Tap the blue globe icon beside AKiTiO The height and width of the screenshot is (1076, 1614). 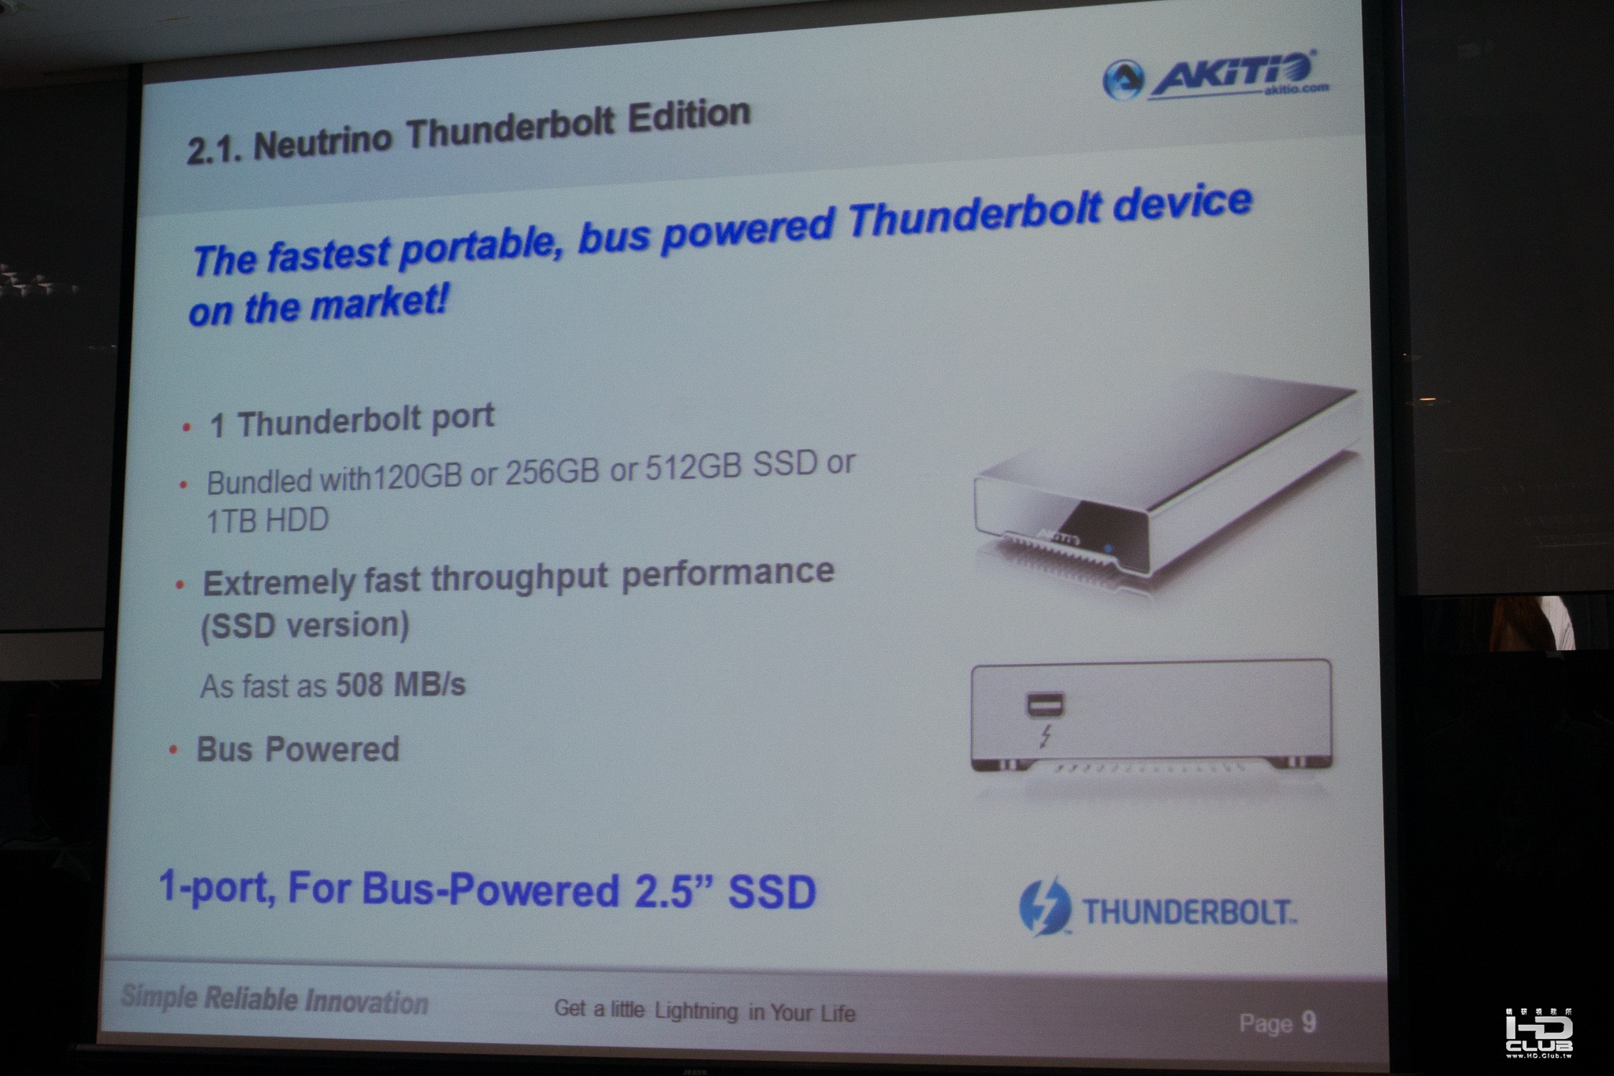tap(1123, 80)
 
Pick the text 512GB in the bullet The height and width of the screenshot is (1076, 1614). tap(694, 467)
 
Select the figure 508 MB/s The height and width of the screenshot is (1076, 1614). tap(400, 685)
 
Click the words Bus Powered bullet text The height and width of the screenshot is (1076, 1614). tap(297, 749)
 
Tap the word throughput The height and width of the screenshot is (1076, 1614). tap(519, 580)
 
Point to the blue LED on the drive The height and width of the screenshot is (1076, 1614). tap(1109, 548)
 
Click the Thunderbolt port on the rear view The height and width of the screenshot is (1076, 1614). tap(1045, 703)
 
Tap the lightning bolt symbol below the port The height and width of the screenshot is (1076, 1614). tap(1045, 737)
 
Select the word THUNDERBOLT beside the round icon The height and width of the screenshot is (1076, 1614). tap(1188, 912)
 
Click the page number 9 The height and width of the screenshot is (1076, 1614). tap(1309, 1022)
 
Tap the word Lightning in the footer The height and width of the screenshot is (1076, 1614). tap(697, 1011)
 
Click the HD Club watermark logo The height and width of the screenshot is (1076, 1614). tap(1539, 1032)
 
